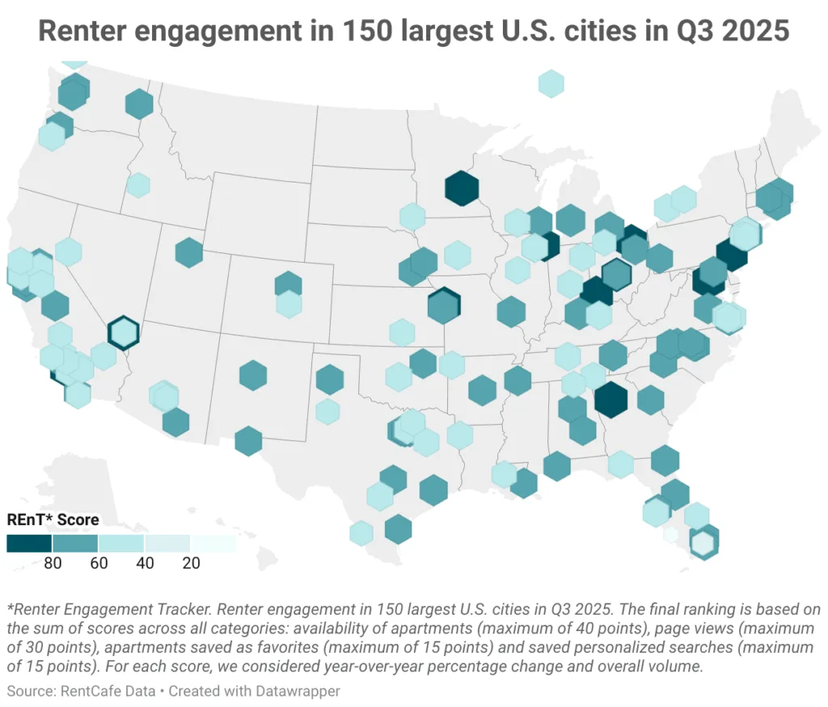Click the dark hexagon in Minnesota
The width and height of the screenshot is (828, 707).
point(462,188)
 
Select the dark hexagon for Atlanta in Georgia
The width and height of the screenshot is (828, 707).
point(610,399)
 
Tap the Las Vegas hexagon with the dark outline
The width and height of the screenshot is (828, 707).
point(125,332)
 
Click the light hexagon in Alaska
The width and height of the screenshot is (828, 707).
point(551,83)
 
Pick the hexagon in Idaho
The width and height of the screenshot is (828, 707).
point(138,185)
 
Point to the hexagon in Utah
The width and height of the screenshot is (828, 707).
point(188,252)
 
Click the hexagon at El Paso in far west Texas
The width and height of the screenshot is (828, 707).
point(249,440)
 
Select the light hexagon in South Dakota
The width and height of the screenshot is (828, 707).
point(412,217)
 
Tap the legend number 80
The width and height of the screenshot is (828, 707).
point(53,563)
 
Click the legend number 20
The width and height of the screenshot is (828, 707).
point(191,563)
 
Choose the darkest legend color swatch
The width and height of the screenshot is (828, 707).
point(29,543)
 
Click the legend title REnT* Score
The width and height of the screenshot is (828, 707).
point(53,520)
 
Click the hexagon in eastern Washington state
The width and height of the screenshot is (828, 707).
point(139,103)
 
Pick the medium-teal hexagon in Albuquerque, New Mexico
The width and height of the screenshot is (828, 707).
point(253,375)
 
